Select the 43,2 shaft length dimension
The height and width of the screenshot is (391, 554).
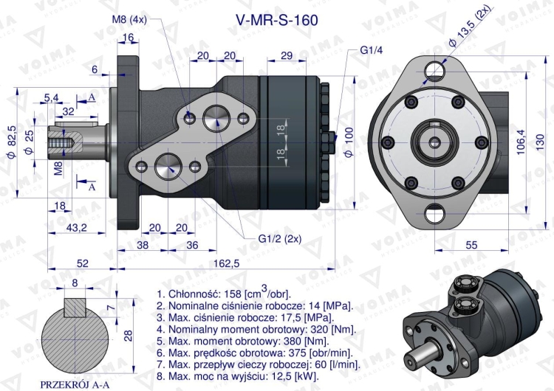77,228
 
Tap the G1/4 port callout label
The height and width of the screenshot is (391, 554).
370,50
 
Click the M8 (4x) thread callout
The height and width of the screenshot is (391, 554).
129,20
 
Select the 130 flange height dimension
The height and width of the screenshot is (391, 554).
544,139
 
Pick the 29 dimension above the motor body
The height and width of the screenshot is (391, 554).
288,56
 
